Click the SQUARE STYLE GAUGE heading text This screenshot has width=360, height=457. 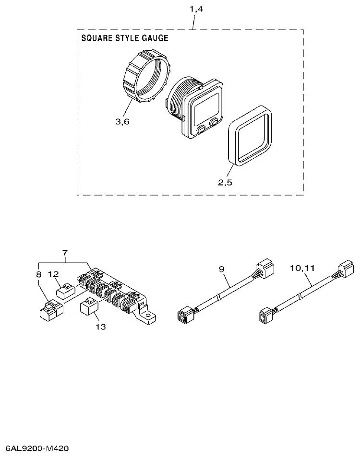125,38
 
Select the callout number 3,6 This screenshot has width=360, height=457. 122,122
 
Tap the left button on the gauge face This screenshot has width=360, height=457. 201,128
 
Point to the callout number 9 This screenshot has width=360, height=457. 222,270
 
